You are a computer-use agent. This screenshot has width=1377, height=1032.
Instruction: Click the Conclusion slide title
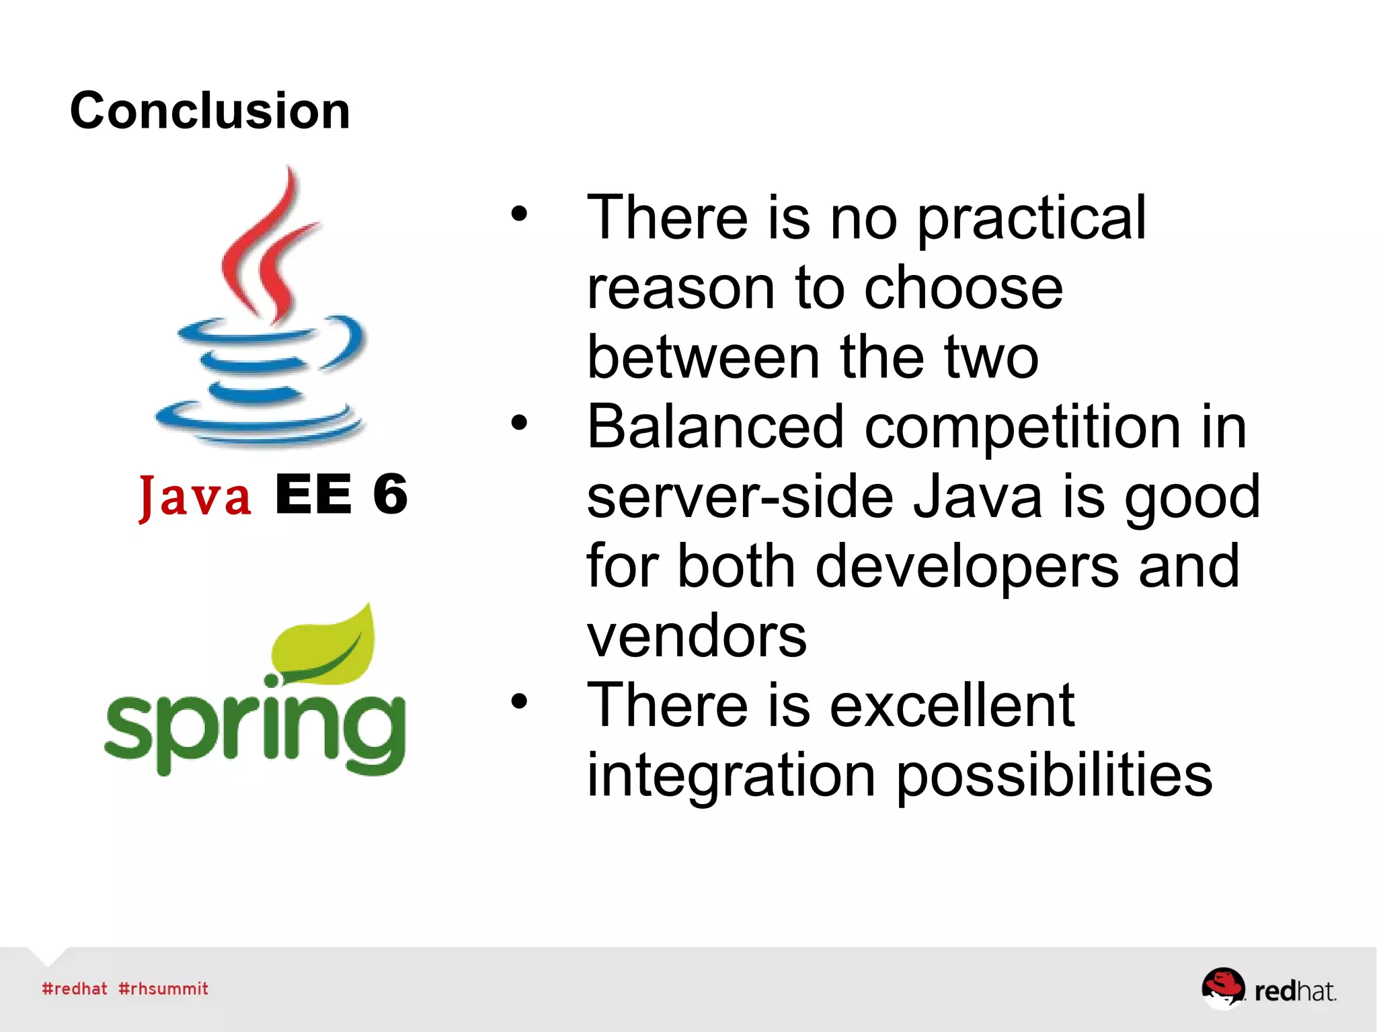210,111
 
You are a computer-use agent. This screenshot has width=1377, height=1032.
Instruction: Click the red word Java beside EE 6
195,496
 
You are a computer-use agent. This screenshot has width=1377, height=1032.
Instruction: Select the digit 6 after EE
390,494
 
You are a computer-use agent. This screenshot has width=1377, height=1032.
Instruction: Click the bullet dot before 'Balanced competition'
519,423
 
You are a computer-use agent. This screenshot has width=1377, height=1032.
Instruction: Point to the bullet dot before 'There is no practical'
519,214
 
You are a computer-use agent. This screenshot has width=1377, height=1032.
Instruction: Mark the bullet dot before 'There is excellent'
519,701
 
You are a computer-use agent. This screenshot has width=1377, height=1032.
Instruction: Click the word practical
1031,219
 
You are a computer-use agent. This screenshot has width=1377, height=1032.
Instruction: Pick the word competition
1022,429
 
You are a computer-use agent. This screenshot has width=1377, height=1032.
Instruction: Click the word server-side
740,498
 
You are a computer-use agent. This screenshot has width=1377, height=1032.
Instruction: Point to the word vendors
697,636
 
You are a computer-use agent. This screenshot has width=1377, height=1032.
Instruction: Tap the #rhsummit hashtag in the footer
163,988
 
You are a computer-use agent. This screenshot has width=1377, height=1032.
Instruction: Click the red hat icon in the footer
1222,988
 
